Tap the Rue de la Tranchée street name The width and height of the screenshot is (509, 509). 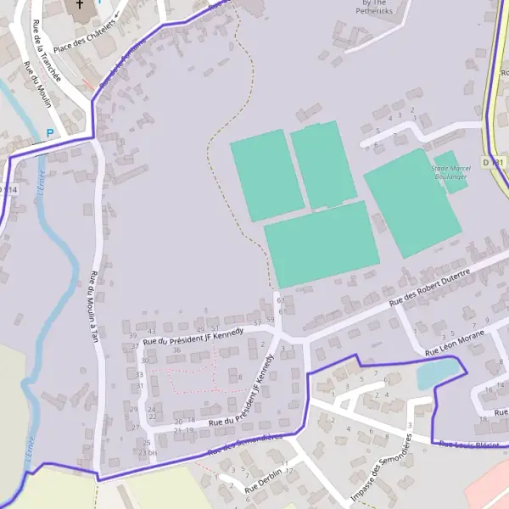pyautogui.click(x=47, y=52)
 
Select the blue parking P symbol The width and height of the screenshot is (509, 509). pyautogui.click(x=49, y=132)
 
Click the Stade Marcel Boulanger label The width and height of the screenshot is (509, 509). pyautogui.click(x=452, y=173)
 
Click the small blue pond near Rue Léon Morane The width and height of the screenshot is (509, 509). pyautogui.click(x=440, y=372)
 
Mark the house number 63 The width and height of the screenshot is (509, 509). pyautogui.click(x=280, y=300)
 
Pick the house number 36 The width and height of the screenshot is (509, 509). pyautogui.click(x=176, y=350)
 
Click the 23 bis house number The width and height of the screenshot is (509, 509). pyautogui.click(x=148, y=452)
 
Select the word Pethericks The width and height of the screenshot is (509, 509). pyautogui.click(x=374, y=12)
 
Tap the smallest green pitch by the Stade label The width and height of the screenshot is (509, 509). pyautogui.click(x=450, y=173)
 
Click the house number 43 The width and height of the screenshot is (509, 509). pyautogui.click(x=152, y=332)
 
